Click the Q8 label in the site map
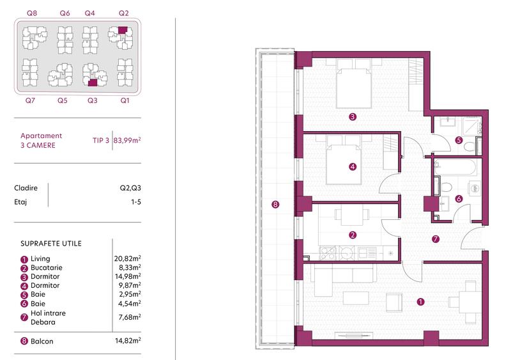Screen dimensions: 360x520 [x=31, y=13]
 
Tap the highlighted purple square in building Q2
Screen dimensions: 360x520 [x=123, y=29]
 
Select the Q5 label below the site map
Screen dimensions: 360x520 [x=62, y=100]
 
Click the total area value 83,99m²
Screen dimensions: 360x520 [x=128, y=139]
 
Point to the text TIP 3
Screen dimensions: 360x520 [x=101, y=139]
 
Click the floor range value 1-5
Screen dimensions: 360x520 [x=134, y=201]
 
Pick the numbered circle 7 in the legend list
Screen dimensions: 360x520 [x=24, y=317]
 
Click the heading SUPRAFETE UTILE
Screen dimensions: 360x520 [x=51, y=244]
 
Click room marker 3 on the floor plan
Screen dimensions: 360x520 [x=352, y=117]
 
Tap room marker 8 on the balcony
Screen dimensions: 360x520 [x=275, y=205]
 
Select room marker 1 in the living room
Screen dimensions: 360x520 [x=420, y=301]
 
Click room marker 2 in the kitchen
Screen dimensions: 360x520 [x=353, y=235]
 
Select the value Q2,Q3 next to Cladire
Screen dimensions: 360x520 [x=130, y=188]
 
